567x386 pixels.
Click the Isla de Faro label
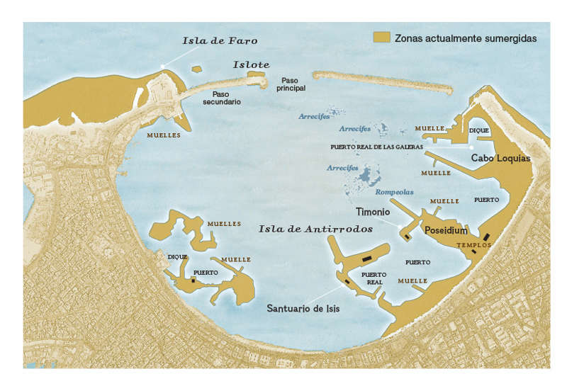(220, 40)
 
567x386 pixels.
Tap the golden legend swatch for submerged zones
(382, 38)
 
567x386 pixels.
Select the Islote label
(251, 64)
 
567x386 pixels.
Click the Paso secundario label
(222, 98)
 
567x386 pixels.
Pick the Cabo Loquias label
(500, 158)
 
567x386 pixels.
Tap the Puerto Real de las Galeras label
(376, 147)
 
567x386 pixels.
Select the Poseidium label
(445, 230)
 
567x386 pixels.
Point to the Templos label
(474, 245)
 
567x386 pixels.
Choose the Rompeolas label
(395, 192)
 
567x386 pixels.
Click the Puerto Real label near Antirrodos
(374, 278)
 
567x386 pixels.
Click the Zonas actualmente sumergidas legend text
(465, 38)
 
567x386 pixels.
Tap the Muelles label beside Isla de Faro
(164, 135)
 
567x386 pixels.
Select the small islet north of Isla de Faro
(196, 69)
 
